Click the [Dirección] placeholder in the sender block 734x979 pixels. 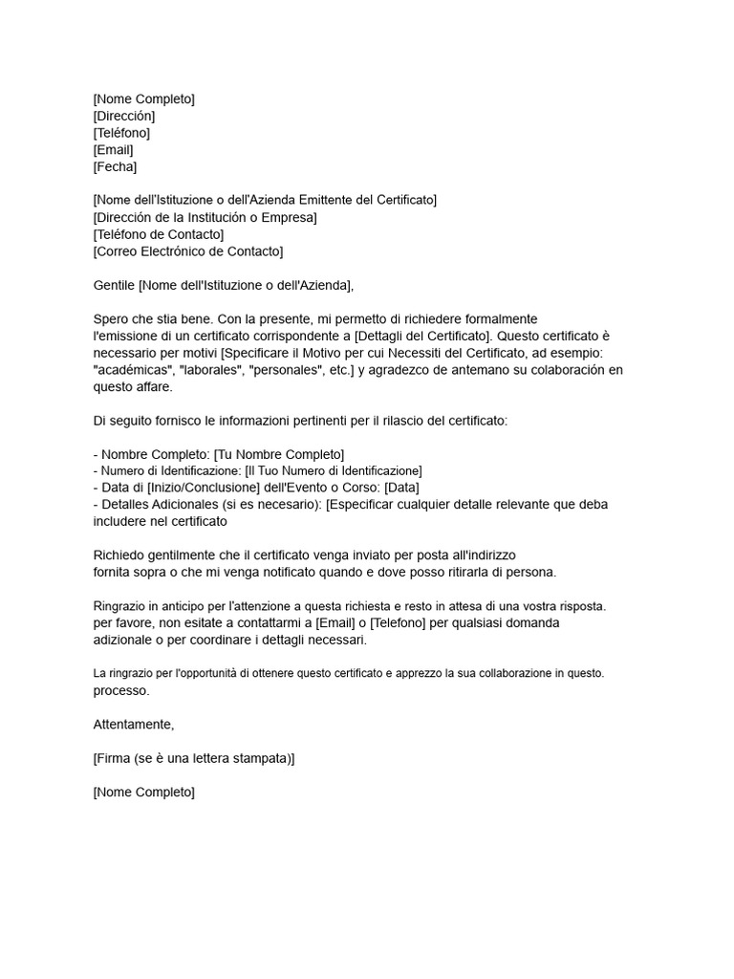[123, 116]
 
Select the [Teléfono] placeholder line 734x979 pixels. [121, 133]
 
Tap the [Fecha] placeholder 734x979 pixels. [115, 167]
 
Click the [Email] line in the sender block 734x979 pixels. [113, 150]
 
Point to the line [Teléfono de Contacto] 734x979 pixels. [159, 234]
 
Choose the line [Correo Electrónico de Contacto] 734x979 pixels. [188, 251]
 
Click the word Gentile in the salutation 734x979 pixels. [114, 285]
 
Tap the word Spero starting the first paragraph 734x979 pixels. [111, 318]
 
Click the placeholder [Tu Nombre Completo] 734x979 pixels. [279, 454]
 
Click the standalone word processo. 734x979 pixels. [121, 690]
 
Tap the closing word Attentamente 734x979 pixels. [134, 725]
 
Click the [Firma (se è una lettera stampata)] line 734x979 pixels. [194, 758]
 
